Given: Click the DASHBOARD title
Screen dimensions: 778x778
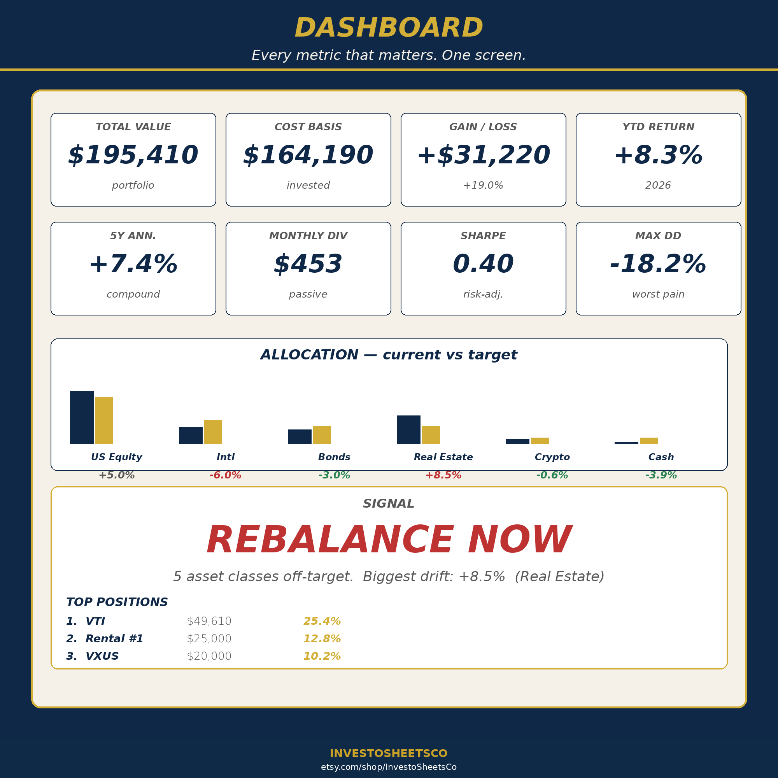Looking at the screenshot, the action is (x=389, y=28).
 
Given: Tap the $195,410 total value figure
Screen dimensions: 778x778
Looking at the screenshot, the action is (x=133, y=156).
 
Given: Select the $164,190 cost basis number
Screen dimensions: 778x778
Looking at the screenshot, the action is (x=308, y=156).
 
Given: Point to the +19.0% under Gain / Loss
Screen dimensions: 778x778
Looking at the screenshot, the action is (x=483, y=185).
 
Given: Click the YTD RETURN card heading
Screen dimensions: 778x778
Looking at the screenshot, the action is (x=659, y=127).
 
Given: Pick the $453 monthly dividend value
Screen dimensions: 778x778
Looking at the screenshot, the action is (x=308, y=264).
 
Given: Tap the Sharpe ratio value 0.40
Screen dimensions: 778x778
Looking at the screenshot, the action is (x=483, y=264).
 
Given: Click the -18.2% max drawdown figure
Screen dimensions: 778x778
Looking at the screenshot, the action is (x=659, y=264).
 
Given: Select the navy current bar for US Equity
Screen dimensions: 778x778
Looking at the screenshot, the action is (x=82, y=417).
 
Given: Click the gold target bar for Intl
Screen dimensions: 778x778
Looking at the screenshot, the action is (x=213, y=432).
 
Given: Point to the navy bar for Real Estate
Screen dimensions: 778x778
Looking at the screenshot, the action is (x=408, y=430).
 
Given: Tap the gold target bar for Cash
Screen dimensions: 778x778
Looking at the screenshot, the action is (x=649, y=441).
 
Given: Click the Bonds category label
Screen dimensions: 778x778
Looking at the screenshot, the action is (x=334, y=457).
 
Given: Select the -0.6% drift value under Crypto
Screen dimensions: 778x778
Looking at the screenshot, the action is (x=552, y=475).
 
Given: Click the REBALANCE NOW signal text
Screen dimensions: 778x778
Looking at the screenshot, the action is (x=389, y=540).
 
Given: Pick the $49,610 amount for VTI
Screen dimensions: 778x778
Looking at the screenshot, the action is (x=209, y=621).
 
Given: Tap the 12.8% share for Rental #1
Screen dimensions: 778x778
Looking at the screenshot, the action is (x=322, y=639).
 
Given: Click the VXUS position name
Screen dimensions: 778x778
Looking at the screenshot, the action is (x=102, y=656).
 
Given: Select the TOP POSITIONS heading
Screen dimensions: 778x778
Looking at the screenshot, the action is (x=117, y=602).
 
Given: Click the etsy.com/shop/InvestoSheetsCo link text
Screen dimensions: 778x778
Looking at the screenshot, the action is (x=389, y=767).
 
